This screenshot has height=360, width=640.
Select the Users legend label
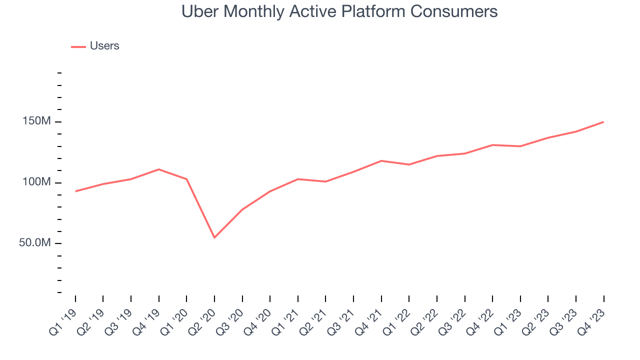pos(104,46)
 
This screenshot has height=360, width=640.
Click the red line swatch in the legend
pos(78,46)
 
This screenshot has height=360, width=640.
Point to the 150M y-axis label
pos(35,121)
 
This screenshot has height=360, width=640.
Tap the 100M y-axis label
pos(35,182)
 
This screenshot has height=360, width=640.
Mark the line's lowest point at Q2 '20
pos(214,237)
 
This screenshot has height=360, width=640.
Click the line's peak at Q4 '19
pos(159,169)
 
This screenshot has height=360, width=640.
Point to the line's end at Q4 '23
pos(603,122)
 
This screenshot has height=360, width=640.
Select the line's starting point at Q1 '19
pos(75,191)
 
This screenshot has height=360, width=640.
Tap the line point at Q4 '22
pos(492,145)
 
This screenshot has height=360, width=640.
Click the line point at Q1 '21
pos(298,179)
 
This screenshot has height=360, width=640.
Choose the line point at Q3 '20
pos(242,209)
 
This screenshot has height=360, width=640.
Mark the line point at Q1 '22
pos(409,164)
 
